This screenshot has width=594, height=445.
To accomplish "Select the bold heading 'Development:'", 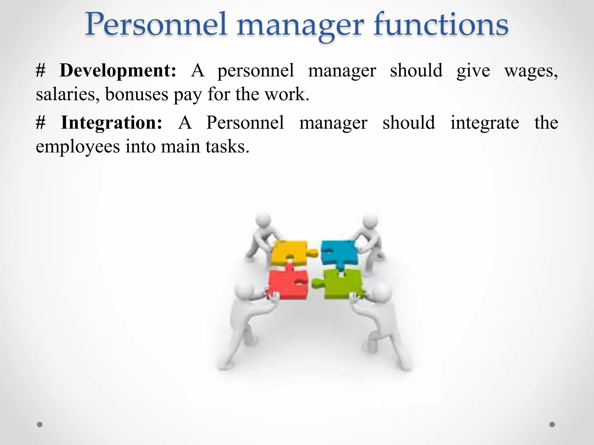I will tap(118, 70).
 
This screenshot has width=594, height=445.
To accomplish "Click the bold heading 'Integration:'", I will tap(111, 123).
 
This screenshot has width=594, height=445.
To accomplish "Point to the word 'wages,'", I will tap(531, 71).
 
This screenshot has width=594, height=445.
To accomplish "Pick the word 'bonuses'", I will tap(137, 94).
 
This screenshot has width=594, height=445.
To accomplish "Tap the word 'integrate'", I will tap(484, 123).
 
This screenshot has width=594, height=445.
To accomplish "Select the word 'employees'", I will tap(78, 147).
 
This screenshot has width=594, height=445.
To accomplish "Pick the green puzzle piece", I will tap(342, 284).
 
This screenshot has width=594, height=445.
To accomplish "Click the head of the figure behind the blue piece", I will tap(370, 221).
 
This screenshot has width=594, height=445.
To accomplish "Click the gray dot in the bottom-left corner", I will tap(40, 424).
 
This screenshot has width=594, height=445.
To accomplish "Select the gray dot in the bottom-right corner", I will tap(552, 424).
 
